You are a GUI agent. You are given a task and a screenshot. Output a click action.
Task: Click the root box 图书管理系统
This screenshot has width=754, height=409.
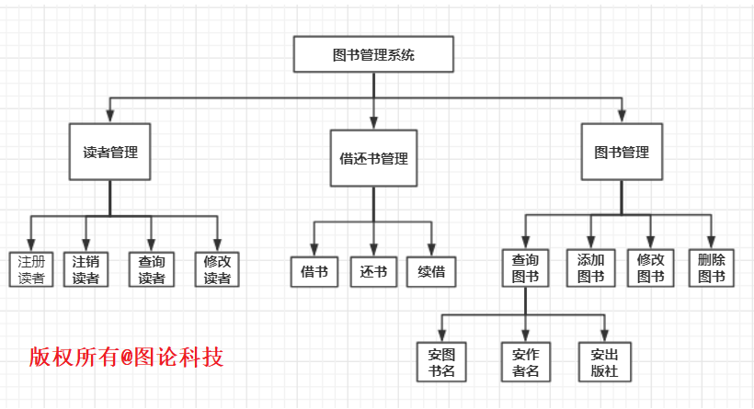tap(373, 54)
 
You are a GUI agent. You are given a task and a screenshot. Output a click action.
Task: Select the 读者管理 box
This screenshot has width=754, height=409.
tap(110, 153)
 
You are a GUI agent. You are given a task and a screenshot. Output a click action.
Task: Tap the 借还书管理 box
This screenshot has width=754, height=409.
tap(373, 158)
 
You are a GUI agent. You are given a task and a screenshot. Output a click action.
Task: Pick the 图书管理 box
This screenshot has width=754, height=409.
tap(622, 153)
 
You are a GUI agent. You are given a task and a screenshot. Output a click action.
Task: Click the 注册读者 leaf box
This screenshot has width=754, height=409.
tap(31, 269)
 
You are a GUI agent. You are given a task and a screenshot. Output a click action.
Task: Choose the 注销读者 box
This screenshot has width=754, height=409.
tap(86, 269)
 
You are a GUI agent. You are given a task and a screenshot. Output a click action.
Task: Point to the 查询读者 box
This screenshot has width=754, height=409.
tap(152, 269)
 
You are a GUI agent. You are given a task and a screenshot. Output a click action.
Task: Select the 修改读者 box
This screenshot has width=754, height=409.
tap(218, 269)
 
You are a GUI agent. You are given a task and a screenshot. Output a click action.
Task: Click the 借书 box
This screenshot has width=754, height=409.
tap(314, 271)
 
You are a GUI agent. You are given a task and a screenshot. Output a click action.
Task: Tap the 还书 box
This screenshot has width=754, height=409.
tap(373, 271)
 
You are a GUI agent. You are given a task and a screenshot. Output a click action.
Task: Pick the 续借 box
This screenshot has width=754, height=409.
tap(431, 271)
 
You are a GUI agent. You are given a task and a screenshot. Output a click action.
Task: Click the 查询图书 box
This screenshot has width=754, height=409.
tap(525, 267)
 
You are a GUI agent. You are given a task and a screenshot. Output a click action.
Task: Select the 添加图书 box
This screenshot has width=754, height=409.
tap(590, 267)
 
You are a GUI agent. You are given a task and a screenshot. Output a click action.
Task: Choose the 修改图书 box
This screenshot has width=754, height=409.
tap(650, 267)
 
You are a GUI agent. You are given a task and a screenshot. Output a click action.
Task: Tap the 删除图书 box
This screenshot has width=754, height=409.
tap(711, 267)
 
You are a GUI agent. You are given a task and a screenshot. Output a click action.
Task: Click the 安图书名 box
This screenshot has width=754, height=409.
tap(441, 362)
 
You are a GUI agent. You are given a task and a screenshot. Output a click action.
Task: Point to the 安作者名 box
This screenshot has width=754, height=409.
tap(525, 362)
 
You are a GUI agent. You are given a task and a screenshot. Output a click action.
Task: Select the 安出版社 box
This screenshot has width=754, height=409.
tap(605, 362)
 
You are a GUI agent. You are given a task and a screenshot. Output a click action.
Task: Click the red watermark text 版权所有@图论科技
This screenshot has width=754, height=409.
tap(126, 356)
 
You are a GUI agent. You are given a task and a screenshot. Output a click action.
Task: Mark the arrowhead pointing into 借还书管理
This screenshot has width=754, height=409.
tap(373, 122)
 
